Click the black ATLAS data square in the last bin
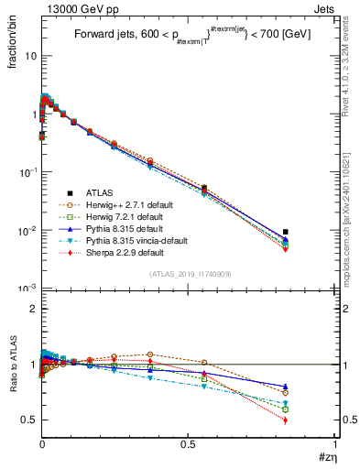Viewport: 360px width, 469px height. [286, 232]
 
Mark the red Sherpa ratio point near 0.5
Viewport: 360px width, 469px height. [286, 420]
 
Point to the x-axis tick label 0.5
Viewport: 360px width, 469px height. [189, 444]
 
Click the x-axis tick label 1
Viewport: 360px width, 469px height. [335, 444]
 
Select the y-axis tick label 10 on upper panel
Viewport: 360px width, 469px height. [28, 56]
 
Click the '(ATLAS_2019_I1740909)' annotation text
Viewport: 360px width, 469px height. [189, 274]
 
